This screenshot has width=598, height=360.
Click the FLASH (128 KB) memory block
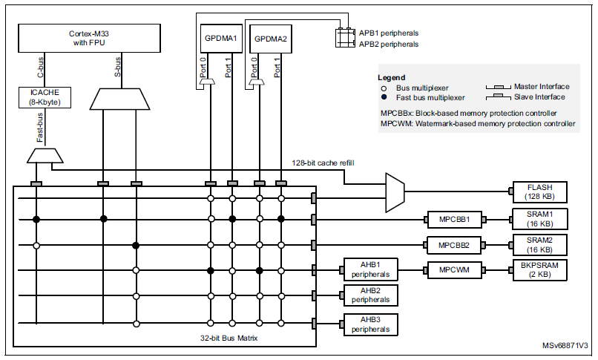540,192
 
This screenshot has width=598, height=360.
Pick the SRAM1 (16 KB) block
540,218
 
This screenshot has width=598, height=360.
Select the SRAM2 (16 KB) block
540,243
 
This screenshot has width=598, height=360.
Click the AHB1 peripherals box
370,269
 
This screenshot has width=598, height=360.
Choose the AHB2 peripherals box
370,295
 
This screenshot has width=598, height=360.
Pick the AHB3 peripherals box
370,324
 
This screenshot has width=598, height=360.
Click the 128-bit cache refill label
323,163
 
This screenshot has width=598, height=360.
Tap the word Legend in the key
391,77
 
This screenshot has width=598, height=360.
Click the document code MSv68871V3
563,347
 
